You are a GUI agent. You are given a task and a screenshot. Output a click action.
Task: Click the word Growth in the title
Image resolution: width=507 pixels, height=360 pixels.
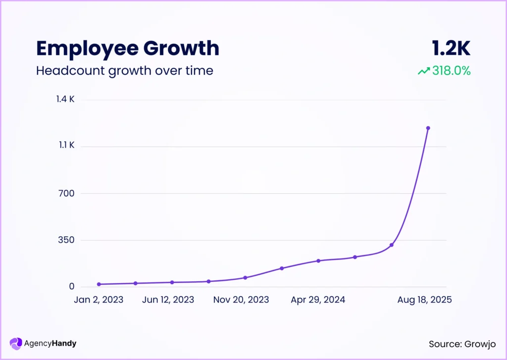pos(181,48)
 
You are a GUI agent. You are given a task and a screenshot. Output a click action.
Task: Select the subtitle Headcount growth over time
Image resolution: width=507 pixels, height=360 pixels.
pos(124,71)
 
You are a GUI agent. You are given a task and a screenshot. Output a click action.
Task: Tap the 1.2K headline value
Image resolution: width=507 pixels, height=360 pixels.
pos(451,48)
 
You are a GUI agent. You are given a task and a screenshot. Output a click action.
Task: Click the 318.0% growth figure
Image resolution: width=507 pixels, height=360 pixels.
pos(451,71)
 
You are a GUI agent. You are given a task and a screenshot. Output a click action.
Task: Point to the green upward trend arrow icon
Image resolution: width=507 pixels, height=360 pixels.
pos(424,71)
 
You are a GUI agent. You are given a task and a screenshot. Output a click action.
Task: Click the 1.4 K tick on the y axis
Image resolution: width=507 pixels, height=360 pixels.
pos(65,100)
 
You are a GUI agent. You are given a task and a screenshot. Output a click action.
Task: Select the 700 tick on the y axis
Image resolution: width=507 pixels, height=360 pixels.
pos(67,193)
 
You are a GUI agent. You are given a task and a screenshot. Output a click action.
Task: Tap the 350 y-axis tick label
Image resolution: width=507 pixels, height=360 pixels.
pos(67,240)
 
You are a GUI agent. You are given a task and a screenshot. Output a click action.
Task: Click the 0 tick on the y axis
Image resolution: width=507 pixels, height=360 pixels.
pos(72,287)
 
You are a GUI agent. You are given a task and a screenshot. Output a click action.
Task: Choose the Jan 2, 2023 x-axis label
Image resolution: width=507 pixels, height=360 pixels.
pos(99,300)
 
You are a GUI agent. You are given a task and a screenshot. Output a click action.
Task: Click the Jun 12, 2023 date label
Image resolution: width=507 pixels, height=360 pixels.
pos(169,300)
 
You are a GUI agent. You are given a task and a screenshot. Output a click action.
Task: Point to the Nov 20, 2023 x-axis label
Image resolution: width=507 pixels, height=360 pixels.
pos(241,300)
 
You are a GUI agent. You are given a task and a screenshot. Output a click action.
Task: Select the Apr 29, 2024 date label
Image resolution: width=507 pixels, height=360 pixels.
pos(317,300)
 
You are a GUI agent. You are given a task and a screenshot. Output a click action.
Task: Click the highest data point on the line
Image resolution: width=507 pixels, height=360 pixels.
pos(428,128)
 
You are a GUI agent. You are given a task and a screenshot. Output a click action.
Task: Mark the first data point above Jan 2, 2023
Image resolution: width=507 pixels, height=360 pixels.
pos(99,284)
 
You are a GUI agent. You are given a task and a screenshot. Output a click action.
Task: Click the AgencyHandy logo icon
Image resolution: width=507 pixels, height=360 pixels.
pos(16,343)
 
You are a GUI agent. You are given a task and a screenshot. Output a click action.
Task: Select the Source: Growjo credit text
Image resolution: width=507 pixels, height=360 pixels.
pos(462,344)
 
